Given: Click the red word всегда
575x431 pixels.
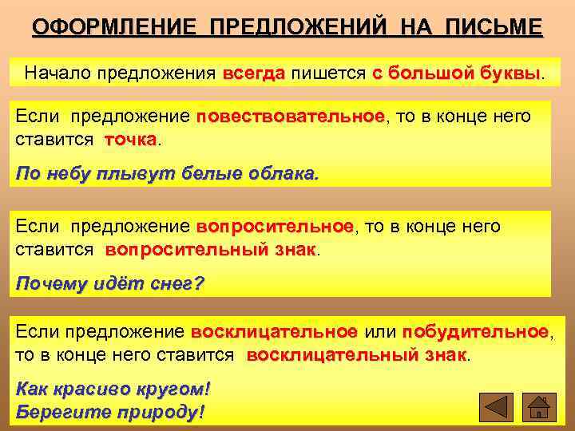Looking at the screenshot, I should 254,73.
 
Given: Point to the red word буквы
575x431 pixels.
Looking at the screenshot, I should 510,73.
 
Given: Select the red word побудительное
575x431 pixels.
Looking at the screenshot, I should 475,331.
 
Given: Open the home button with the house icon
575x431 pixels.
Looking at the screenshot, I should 541,407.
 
